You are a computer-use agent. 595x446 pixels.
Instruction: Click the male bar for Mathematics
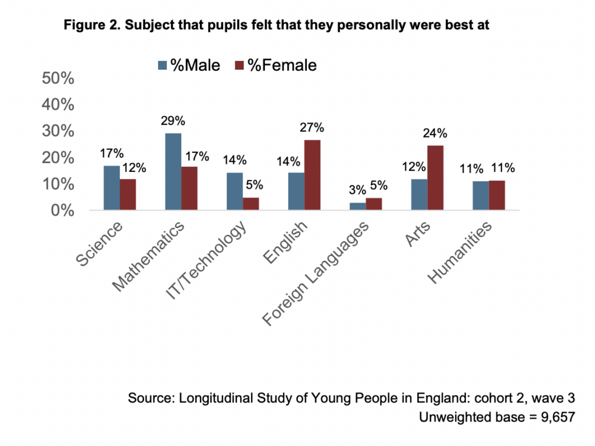pyautogui.click(x=173, y=172)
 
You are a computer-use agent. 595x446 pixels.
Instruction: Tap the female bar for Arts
pyautogui.click(x=435, y=178)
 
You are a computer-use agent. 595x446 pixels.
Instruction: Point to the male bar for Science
pyautogui.click(x=112, y=188)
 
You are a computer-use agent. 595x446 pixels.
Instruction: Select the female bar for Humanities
pyautogui.click(x=497, y=196)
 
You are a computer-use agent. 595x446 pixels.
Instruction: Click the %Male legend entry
pyautogui.click(x=189, y=65)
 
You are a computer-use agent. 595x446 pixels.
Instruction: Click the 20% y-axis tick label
pyautogui.click(x=58, y=158)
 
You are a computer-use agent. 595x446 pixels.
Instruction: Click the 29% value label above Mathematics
pyautogui.click(x=173, y=121)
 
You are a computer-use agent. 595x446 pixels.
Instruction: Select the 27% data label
pyautogui.click(x=311, y=128)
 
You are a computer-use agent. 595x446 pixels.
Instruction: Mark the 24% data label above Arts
pyautogui.click(x=435, y=133)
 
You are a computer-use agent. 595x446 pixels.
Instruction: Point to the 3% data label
pyautogui.click(x=357, y=190)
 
